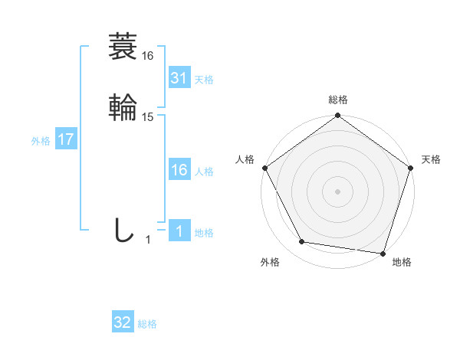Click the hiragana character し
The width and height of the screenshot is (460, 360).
point(123,231)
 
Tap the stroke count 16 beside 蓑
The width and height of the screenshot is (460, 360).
point(148,56)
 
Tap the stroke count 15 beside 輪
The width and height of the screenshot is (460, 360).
point(148,117)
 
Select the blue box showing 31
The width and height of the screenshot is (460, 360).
point(179,78)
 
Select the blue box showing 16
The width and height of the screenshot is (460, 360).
point(179,170)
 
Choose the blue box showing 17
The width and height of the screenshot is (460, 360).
point(66,140)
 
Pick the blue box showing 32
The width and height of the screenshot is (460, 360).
point(123,323)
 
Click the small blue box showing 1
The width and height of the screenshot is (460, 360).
point(179,231)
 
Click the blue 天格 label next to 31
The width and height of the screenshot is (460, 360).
point(204,80)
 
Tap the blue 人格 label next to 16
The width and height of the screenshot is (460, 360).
point(204,172)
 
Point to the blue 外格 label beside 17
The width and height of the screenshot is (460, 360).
point(41,141)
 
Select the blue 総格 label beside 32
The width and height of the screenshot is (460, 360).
point(148,324)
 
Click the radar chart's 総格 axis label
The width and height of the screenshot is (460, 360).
point(337,100)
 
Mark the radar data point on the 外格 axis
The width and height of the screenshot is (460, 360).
point(302,242)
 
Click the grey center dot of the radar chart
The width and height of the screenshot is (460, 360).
point(337,191)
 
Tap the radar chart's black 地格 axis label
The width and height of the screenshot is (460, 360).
point(402,262)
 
